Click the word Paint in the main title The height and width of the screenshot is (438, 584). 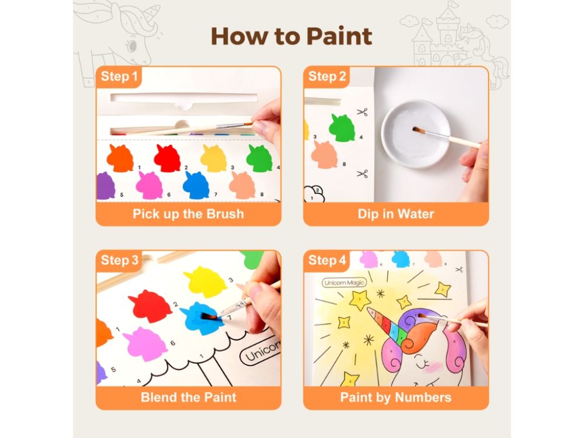(x=339, y=36)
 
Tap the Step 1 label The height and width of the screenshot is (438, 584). (x=119, y=77)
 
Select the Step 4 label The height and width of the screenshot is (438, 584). (x=327, y=260)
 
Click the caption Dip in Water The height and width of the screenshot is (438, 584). (x=396, y=214)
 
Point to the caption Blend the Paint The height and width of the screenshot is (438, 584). (x=189, y=397)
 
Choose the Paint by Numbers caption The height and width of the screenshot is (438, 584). (x=396, y=397)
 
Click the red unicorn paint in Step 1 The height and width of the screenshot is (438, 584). (x=167, y=158)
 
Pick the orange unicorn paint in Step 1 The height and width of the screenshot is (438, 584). (x=120, y=158)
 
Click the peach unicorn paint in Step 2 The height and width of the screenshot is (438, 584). (x=324, y=155)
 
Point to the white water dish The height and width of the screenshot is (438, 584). (x=415, y=134)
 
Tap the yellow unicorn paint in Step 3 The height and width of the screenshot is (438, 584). (x=205, y=282)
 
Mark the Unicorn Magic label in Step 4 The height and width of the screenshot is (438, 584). (x=344, y=283)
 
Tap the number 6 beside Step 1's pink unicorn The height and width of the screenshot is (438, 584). (x=169, y=194)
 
